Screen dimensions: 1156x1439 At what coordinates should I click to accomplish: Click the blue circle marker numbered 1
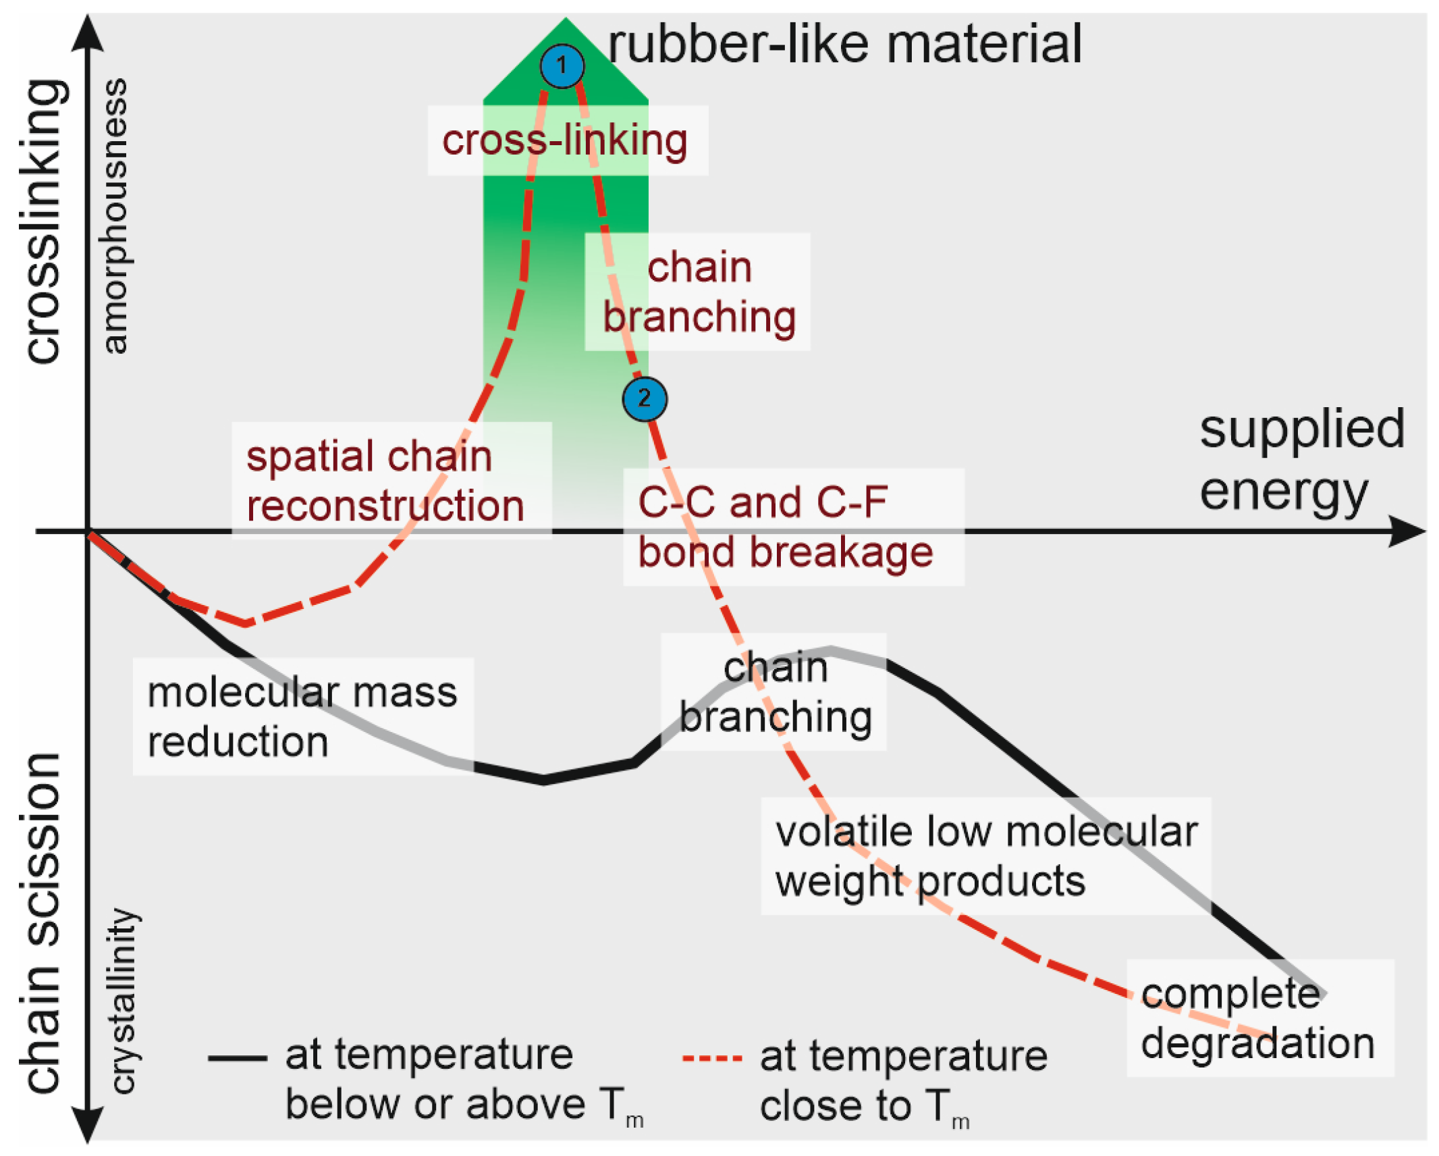click(x=562, y=66)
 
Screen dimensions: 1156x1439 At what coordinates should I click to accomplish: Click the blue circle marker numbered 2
click(x=645, y=398)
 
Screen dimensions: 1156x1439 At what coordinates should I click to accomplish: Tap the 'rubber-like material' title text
click(x=844, y=45)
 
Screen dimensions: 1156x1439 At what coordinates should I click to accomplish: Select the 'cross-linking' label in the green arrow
click(x=565, y=140)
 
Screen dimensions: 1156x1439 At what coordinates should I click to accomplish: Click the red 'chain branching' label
click(x=699, y=292)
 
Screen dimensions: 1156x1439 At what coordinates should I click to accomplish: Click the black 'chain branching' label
click(x=776, y=691)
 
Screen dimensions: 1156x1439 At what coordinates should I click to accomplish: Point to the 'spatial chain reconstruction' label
click(x=385, y=481)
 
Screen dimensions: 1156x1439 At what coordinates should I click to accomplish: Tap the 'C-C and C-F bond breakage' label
click(x=786, y=527)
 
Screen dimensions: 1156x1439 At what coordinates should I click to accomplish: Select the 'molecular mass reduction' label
click(x=302, y=716)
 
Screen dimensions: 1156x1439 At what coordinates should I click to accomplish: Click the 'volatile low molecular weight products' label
click(x=985, y=856)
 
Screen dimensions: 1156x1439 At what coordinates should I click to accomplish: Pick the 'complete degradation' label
click(x=1257, y=1018)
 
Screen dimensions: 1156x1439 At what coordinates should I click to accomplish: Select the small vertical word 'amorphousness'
click(x=115, y=216)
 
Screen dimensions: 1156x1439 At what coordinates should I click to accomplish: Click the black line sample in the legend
click(x=237, y=1058)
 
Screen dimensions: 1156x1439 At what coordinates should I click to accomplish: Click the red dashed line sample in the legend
click(x=712, y=1058)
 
